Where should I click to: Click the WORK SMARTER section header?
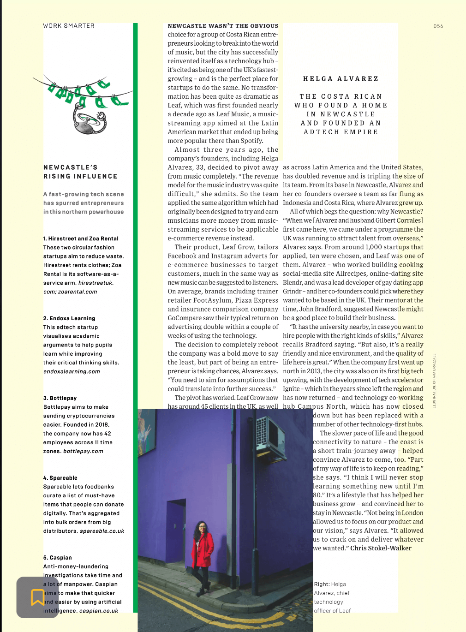tap(69, 26)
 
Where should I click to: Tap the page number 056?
tap(438, 26)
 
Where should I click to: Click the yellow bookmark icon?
tap(37, 597)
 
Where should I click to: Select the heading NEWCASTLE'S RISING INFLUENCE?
tap(80, 172)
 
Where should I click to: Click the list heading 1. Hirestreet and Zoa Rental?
tap(81, 238)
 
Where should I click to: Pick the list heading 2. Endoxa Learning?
tap(69, 318)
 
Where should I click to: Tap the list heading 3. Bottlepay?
tap(60, 398)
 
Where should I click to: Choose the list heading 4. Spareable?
tap(60, 478)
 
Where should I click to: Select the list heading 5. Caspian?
tap(58, 558)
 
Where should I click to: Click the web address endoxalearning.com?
tap(72, 371)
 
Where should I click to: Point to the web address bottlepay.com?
tap(83, 451)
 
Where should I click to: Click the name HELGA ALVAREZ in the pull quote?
tap(341, 79)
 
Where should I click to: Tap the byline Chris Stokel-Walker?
tap(381, 548)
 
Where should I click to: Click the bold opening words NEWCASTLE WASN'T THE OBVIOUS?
tap(223, 26)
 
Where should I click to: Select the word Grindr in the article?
tap(293, 291)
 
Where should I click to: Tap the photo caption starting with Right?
tap(332, 597)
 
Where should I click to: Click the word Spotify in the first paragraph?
tap(251, 141)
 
